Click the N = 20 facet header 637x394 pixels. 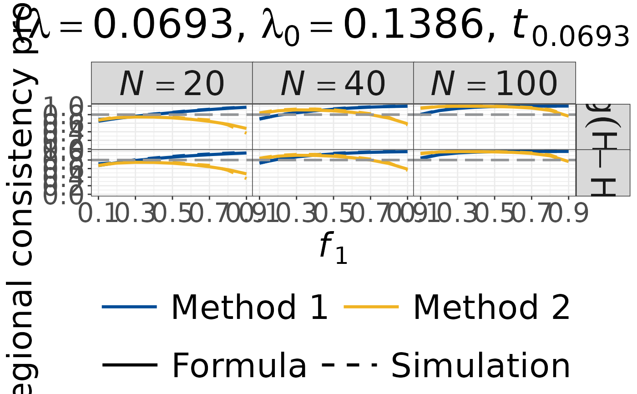172,84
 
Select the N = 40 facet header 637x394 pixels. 333,84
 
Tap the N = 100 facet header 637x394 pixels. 494,84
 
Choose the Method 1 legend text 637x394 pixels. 249,308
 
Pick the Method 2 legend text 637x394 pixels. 491,308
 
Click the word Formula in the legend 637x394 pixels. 239,365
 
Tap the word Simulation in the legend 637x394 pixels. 480,365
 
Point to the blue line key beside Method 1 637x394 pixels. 130,308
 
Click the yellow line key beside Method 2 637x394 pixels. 372,308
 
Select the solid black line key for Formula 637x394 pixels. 130,365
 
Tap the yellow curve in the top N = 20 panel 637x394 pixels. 173,118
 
